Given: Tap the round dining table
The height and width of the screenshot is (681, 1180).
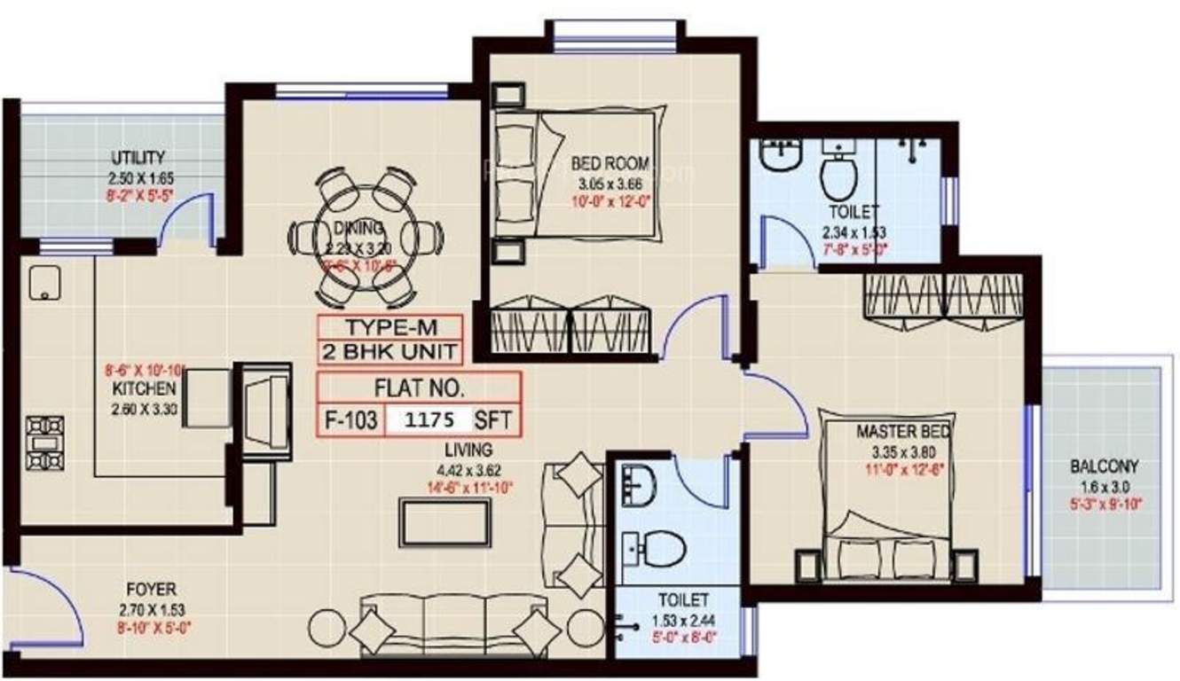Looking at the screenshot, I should point(366,237).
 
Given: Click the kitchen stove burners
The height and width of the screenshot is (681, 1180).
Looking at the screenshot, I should point(41,442).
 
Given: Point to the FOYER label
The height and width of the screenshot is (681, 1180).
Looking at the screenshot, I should point(150,589).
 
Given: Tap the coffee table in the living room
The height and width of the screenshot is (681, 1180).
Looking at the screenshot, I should point(444,523).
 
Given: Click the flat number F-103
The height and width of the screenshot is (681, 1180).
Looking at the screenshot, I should point(351,419).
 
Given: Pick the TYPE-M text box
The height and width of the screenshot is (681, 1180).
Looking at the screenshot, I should point(389,325).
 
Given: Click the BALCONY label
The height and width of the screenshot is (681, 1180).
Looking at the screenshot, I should point(1103,466).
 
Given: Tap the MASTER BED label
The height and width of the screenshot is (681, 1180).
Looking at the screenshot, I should point(903,432).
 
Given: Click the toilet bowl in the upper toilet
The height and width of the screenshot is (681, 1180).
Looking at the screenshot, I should point(837,176).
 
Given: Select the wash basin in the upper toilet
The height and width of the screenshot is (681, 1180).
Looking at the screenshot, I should point(782,159).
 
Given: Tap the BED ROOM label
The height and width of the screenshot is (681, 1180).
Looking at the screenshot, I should point(610,163).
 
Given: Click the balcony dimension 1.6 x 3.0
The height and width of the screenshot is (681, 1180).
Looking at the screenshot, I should point(1103,486).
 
